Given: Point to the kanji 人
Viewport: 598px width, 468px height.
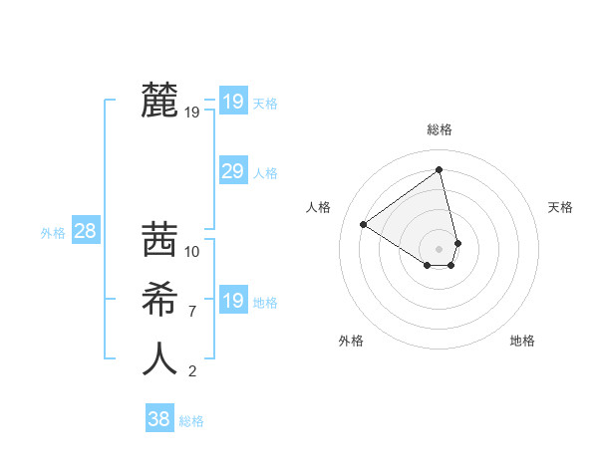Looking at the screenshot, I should point(160,357).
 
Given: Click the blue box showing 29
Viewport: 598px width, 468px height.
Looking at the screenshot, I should point(232,171).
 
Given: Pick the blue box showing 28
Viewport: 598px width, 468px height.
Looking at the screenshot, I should point(85,232).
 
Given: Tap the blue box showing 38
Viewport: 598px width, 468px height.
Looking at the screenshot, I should point(158,419).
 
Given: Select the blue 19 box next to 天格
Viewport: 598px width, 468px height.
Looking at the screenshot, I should point(232,102).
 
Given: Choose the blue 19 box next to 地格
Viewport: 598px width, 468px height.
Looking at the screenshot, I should point(232,301).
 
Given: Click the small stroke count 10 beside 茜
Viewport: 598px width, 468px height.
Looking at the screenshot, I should point(192,252).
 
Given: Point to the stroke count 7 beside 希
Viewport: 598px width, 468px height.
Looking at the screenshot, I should point(192,312).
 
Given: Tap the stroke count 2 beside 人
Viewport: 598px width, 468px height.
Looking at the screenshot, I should point(192,371).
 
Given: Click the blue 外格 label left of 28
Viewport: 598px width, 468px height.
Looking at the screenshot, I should point(53,233).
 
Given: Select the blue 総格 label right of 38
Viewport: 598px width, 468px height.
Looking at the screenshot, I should point(191,421).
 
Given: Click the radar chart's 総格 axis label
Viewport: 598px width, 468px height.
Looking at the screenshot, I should point(440,129).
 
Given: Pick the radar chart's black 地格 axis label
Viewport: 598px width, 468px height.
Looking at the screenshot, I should point(522,341).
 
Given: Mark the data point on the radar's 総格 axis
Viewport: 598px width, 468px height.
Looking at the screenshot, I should point(440,169).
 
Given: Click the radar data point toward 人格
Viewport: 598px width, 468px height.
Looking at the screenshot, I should point(364,224).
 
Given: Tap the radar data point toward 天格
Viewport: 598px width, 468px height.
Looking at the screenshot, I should point(458,242).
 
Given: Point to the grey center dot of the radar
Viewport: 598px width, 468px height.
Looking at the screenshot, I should point(440,248).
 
